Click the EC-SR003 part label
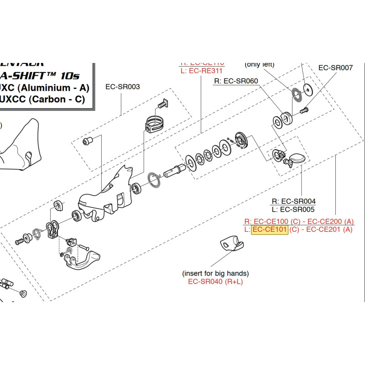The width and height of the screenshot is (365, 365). click(122, 86)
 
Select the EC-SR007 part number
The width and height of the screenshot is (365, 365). click(335, 68)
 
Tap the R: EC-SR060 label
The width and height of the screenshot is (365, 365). click(236, 81)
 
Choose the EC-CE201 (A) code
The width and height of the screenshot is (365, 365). click(329, 229)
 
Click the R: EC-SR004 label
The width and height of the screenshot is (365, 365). click(293, 201)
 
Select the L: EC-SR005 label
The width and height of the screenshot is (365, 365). click(293, 209)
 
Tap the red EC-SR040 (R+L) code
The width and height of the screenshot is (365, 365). click(215, 282)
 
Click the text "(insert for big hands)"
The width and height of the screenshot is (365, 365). click(215, 273)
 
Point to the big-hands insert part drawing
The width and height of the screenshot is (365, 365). click(233, 244)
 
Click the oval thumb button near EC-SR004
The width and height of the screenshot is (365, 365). click(296, 158)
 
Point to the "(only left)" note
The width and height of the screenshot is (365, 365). click(259, 64)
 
